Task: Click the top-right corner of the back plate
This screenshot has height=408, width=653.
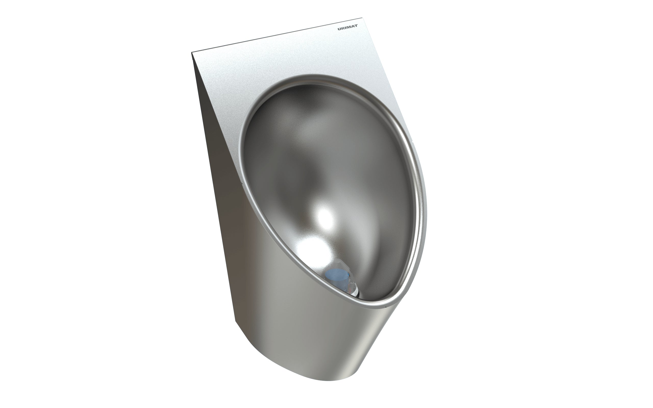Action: [x=361, y=19]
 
